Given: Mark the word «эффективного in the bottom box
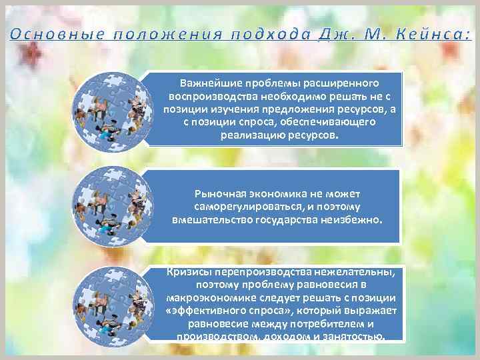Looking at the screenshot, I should tap(201, 310).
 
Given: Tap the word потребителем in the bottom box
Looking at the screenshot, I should tap(325, 323).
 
